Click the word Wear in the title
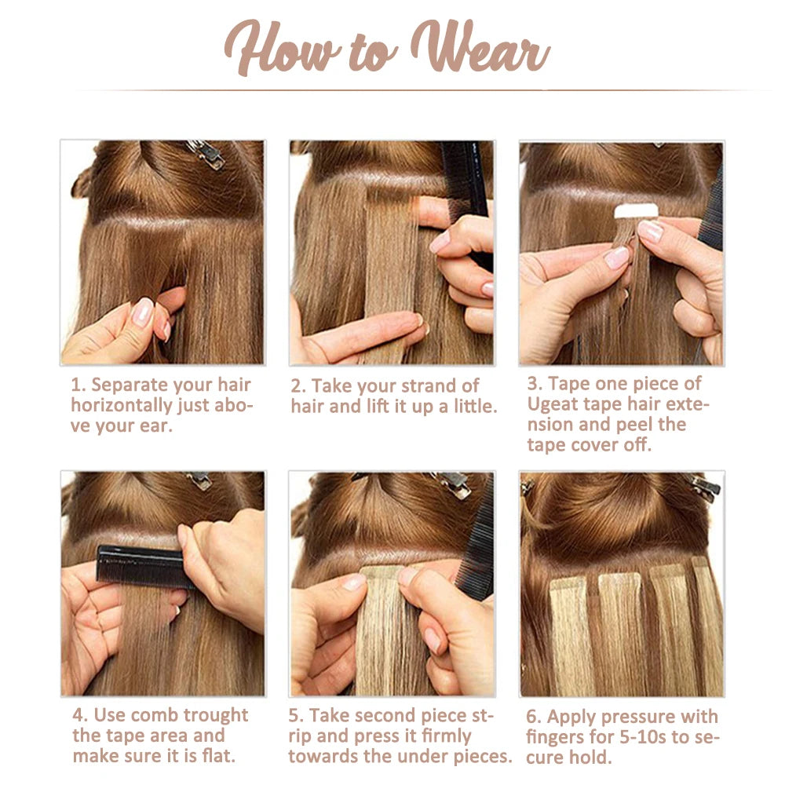(480, 48)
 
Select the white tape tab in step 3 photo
(636, 210)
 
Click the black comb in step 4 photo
(143, 567)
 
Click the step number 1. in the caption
(78, 385)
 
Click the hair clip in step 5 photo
(453, 484)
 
